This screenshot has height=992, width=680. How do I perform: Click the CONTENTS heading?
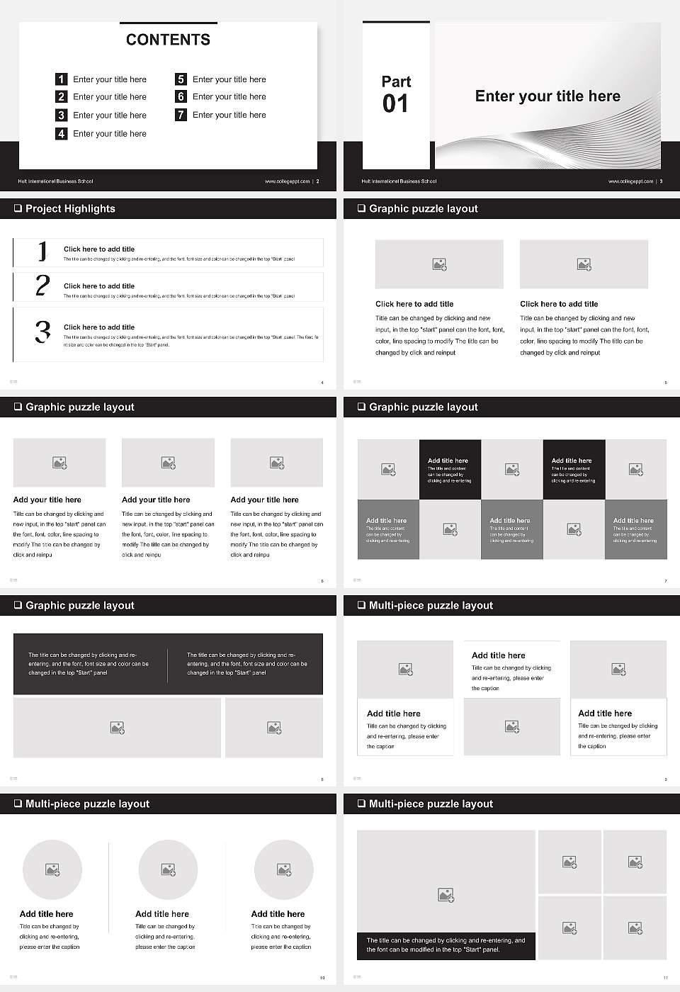point(168,40)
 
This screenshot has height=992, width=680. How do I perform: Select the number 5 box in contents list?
point(181,79)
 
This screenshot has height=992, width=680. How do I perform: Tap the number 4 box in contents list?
point(62,133)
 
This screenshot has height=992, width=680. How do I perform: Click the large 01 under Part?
point(395,104)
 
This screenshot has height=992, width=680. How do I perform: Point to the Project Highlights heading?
point(70,208)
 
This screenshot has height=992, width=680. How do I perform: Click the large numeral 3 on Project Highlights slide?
point(42,332)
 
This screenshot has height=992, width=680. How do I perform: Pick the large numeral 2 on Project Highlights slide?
point(42,286)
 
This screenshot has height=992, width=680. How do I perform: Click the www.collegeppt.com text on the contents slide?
point(287,181)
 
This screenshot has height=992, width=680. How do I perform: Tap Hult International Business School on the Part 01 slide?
point(399,181)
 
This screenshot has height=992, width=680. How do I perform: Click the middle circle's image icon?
point(169,869)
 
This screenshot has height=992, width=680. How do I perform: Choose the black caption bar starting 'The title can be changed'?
point(446,945)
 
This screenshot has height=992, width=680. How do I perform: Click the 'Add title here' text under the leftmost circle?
point(47,914)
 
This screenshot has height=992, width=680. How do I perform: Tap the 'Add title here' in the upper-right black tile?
point(572,461)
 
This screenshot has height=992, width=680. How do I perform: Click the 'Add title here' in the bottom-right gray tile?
point(633,520)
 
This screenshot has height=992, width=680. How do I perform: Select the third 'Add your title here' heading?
point(264,500)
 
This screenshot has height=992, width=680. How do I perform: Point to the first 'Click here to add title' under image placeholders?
point(414,304)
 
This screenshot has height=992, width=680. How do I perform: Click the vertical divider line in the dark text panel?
point(168,665)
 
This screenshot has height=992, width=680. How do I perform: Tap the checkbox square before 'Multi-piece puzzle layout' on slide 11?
point(361,804)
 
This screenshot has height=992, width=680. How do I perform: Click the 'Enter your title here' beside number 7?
point(229,115)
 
